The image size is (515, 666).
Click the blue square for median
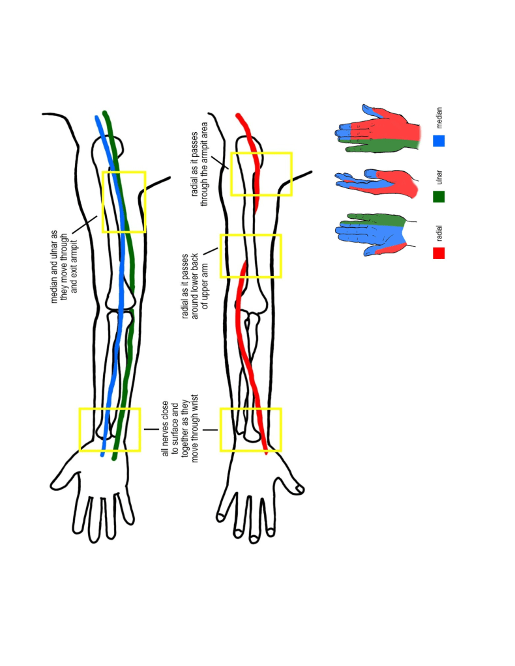click(x=438, y=140)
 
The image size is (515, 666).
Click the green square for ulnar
click(x=438, y=196)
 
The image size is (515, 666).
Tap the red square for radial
click(x=438, y=253)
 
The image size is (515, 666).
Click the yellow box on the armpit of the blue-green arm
click(x=123, y=202)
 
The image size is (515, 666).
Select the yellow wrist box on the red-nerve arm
click(x=250, y=430)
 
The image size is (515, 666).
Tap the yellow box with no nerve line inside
click(x=250, y=256)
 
